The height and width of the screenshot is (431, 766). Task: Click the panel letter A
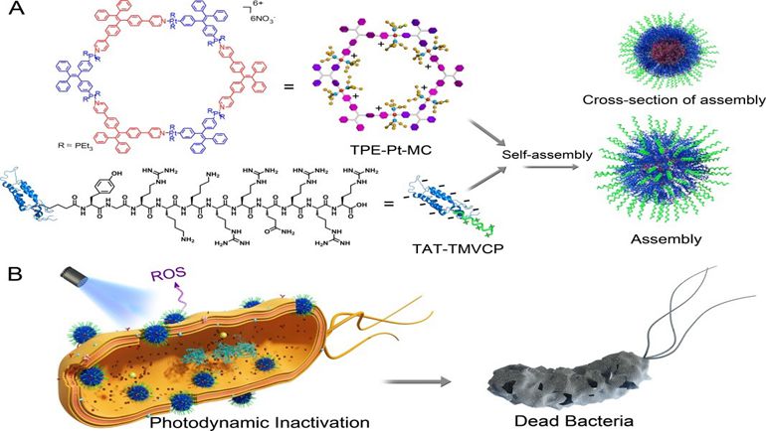point(13,13)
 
